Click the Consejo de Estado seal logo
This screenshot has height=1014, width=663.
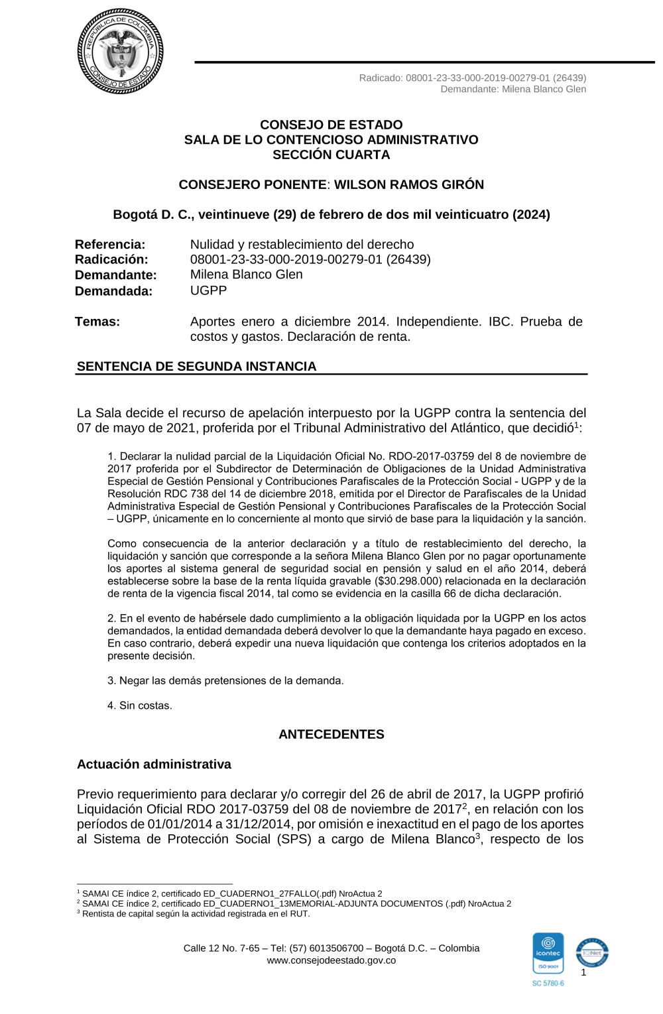(x=121, y=52)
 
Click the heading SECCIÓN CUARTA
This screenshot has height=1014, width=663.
(x=331, y=155)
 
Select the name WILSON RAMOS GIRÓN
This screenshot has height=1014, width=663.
(x=408, y=184)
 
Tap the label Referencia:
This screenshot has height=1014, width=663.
(x=110, y=245)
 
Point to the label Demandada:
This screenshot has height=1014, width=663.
(x=113, y=291)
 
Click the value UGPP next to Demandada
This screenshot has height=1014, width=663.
(x=208, y=290)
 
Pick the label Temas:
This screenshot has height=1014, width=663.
(x=97, y=322)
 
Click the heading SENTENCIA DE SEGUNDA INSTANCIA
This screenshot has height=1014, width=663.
(x=197, y=366)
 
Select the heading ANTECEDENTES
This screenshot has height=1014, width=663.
(x=331, y=734)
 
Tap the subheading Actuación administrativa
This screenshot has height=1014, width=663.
(x=154, y=764)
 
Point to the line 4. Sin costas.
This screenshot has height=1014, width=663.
(x=140, y=706)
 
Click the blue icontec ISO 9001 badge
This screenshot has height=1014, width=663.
(x=548, y=953)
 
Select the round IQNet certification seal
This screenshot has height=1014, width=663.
(x=591, y=954)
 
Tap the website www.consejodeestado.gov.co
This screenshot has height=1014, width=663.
(x=331, y=960)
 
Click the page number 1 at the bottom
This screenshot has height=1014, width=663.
(x=583, y=972)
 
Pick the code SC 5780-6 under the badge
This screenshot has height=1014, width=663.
(x=548, y=983)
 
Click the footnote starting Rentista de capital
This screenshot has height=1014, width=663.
(x=196, y=914)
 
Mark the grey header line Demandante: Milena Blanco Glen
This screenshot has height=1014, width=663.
(x=513, y=89)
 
